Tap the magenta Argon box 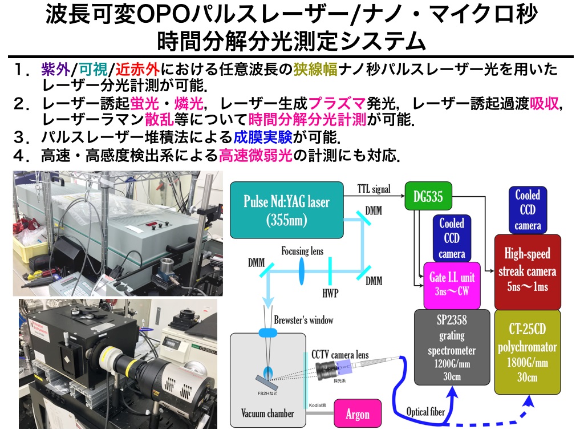tap(358, 414)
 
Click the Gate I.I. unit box tap(451, 284)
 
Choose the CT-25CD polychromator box tap(528, 351)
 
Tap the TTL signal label tap(374, 188)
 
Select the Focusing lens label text tap(303, 251)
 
